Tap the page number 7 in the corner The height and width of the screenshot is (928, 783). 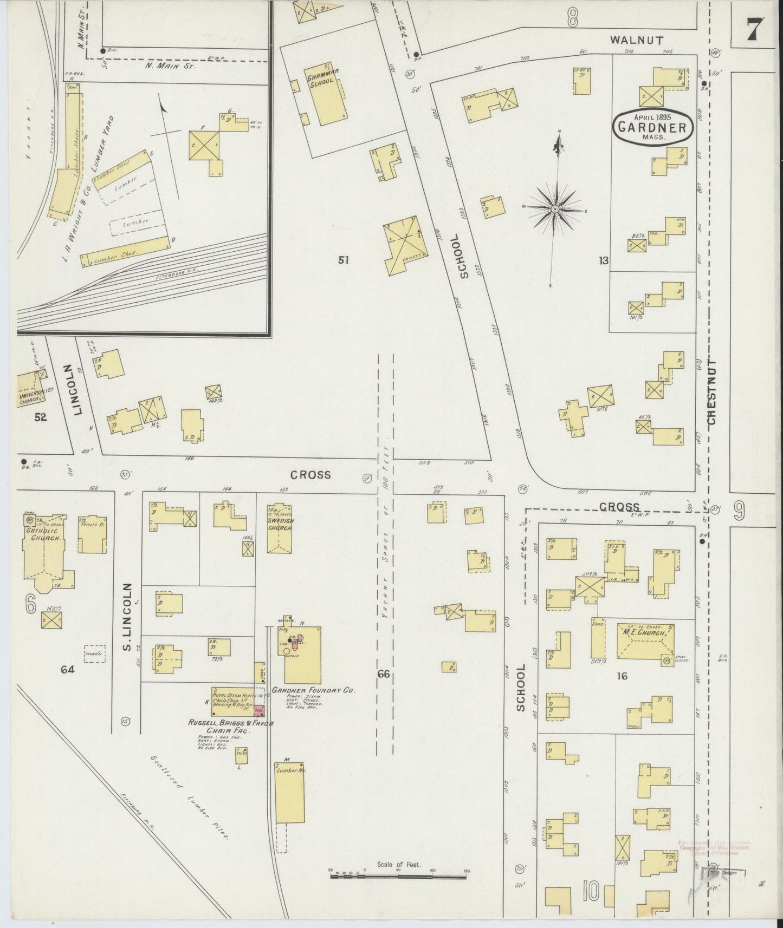coord(754,29)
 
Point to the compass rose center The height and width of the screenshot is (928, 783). coord(556,208)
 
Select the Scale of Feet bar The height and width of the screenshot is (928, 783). coord(398,873)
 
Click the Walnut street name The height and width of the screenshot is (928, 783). coord(636,40)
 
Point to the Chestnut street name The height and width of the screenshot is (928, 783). coord(711,393)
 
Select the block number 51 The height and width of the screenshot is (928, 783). coord(343,260)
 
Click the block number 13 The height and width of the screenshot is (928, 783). coord(604,261)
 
